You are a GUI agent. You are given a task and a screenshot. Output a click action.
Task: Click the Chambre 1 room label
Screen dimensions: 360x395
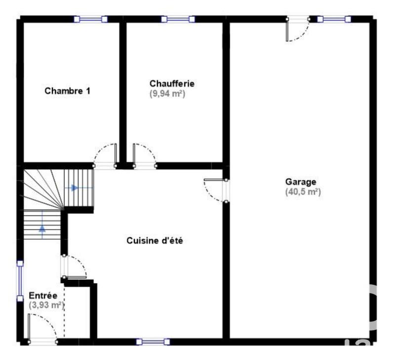tap(67, 91)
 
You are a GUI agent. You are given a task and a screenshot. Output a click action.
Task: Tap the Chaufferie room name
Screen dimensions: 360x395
tap(168, 83)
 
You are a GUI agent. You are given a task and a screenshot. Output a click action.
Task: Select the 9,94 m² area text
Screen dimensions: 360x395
tap(167, 93)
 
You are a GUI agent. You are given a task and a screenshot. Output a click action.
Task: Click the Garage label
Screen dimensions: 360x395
tap(301, 182)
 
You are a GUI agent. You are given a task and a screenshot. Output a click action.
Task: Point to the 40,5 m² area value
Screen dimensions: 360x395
tap(303, 192)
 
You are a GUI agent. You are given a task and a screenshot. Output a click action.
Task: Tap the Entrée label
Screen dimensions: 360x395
tap(43, 295)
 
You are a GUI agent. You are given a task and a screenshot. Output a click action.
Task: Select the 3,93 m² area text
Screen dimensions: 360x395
tap(46, 305)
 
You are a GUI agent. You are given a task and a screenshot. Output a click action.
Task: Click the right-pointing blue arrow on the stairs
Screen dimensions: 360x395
tap(75, 188)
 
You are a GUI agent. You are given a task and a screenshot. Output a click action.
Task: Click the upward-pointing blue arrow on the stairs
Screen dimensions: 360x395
tap(42, 228)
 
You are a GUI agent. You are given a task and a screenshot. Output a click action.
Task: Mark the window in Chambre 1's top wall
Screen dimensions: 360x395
tap(91, 19)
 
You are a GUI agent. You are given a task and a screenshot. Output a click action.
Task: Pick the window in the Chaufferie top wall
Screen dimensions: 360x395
tap(178, 19)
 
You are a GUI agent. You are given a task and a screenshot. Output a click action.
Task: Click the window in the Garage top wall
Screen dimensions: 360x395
tap(334, 19)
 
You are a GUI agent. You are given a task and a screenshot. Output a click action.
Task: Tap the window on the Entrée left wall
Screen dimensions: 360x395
tap(20, 281)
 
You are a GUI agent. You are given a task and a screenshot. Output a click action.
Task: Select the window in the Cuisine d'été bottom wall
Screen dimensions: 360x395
tap(153, 341)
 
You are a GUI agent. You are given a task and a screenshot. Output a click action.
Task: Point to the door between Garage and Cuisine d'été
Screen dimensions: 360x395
tap(216, 190)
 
